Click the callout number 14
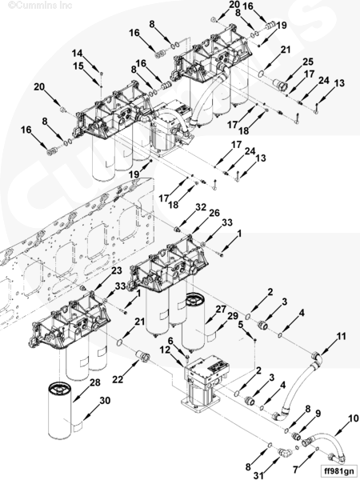coord(77,54)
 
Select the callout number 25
coord(308,62)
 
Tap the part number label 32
coord(201,207)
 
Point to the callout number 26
coord(214,213)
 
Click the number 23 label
coord(116,270)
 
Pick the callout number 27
coord(221,309)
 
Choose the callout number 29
coord(233,316)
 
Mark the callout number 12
coord(165,350)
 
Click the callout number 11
coord(341,336)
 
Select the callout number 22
coord(118,379)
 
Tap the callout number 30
coord(105,401)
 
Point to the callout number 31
coord(258,475)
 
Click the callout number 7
coord(295,470)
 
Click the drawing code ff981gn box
coord(338,470)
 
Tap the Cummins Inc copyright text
coord(40,6)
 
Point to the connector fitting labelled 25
coord(280,85)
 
